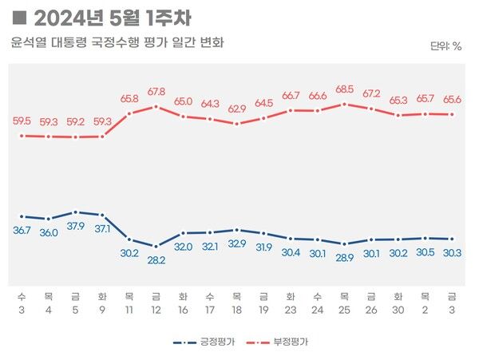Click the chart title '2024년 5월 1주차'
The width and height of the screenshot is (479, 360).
[113, 17]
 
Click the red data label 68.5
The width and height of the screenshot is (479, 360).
[345, 89]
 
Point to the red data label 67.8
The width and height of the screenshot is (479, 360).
[156, 91]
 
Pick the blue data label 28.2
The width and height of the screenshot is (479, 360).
[156, 260]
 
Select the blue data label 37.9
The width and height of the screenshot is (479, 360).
[75, 226]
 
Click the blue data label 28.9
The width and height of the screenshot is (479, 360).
[345, 258]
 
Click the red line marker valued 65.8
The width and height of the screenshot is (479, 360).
[129, 113]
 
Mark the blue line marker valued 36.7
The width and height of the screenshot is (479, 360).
[22, 216]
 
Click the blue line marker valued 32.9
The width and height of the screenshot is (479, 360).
[237, 230]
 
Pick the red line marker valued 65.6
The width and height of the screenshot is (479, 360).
[453, 114]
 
